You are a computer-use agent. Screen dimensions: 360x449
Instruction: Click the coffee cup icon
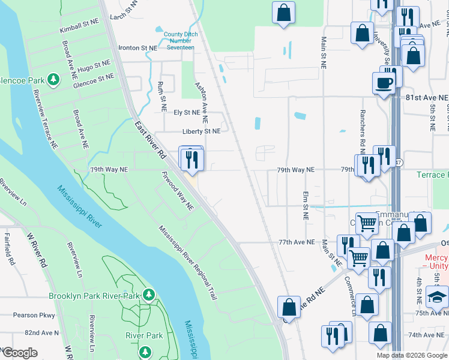tap(384, 83)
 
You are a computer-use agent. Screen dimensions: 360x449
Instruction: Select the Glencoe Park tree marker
tap(53, 79)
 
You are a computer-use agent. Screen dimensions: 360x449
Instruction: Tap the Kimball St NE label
tap(78, 24)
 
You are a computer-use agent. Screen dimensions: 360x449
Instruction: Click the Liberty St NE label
tap(202, 131)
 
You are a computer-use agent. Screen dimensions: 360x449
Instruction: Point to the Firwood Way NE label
tap(178, 191)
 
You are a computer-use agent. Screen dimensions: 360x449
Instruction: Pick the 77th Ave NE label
tap(296, 242)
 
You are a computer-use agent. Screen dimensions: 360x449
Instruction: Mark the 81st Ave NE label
tap(427, 97)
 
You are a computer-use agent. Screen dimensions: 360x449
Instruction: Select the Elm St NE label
tap(306, 205)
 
